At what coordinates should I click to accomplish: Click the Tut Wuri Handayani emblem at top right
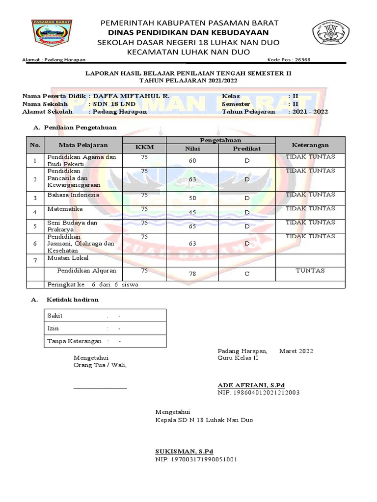(331, 34)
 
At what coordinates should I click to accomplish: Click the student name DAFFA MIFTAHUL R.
(132, 96)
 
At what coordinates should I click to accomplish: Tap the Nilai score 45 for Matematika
(192, 212)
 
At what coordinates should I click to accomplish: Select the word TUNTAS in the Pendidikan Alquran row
(310, 271)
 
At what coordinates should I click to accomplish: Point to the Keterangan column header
(310, 145)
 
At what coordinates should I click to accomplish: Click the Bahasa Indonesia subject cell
(73, 195)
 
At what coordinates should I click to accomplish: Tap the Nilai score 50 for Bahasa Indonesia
(192, 198)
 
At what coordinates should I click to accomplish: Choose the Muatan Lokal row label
(68, 257)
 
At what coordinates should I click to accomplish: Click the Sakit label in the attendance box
(54, 316)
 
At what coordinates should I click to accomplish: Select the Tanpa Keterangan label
(74, 341)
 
